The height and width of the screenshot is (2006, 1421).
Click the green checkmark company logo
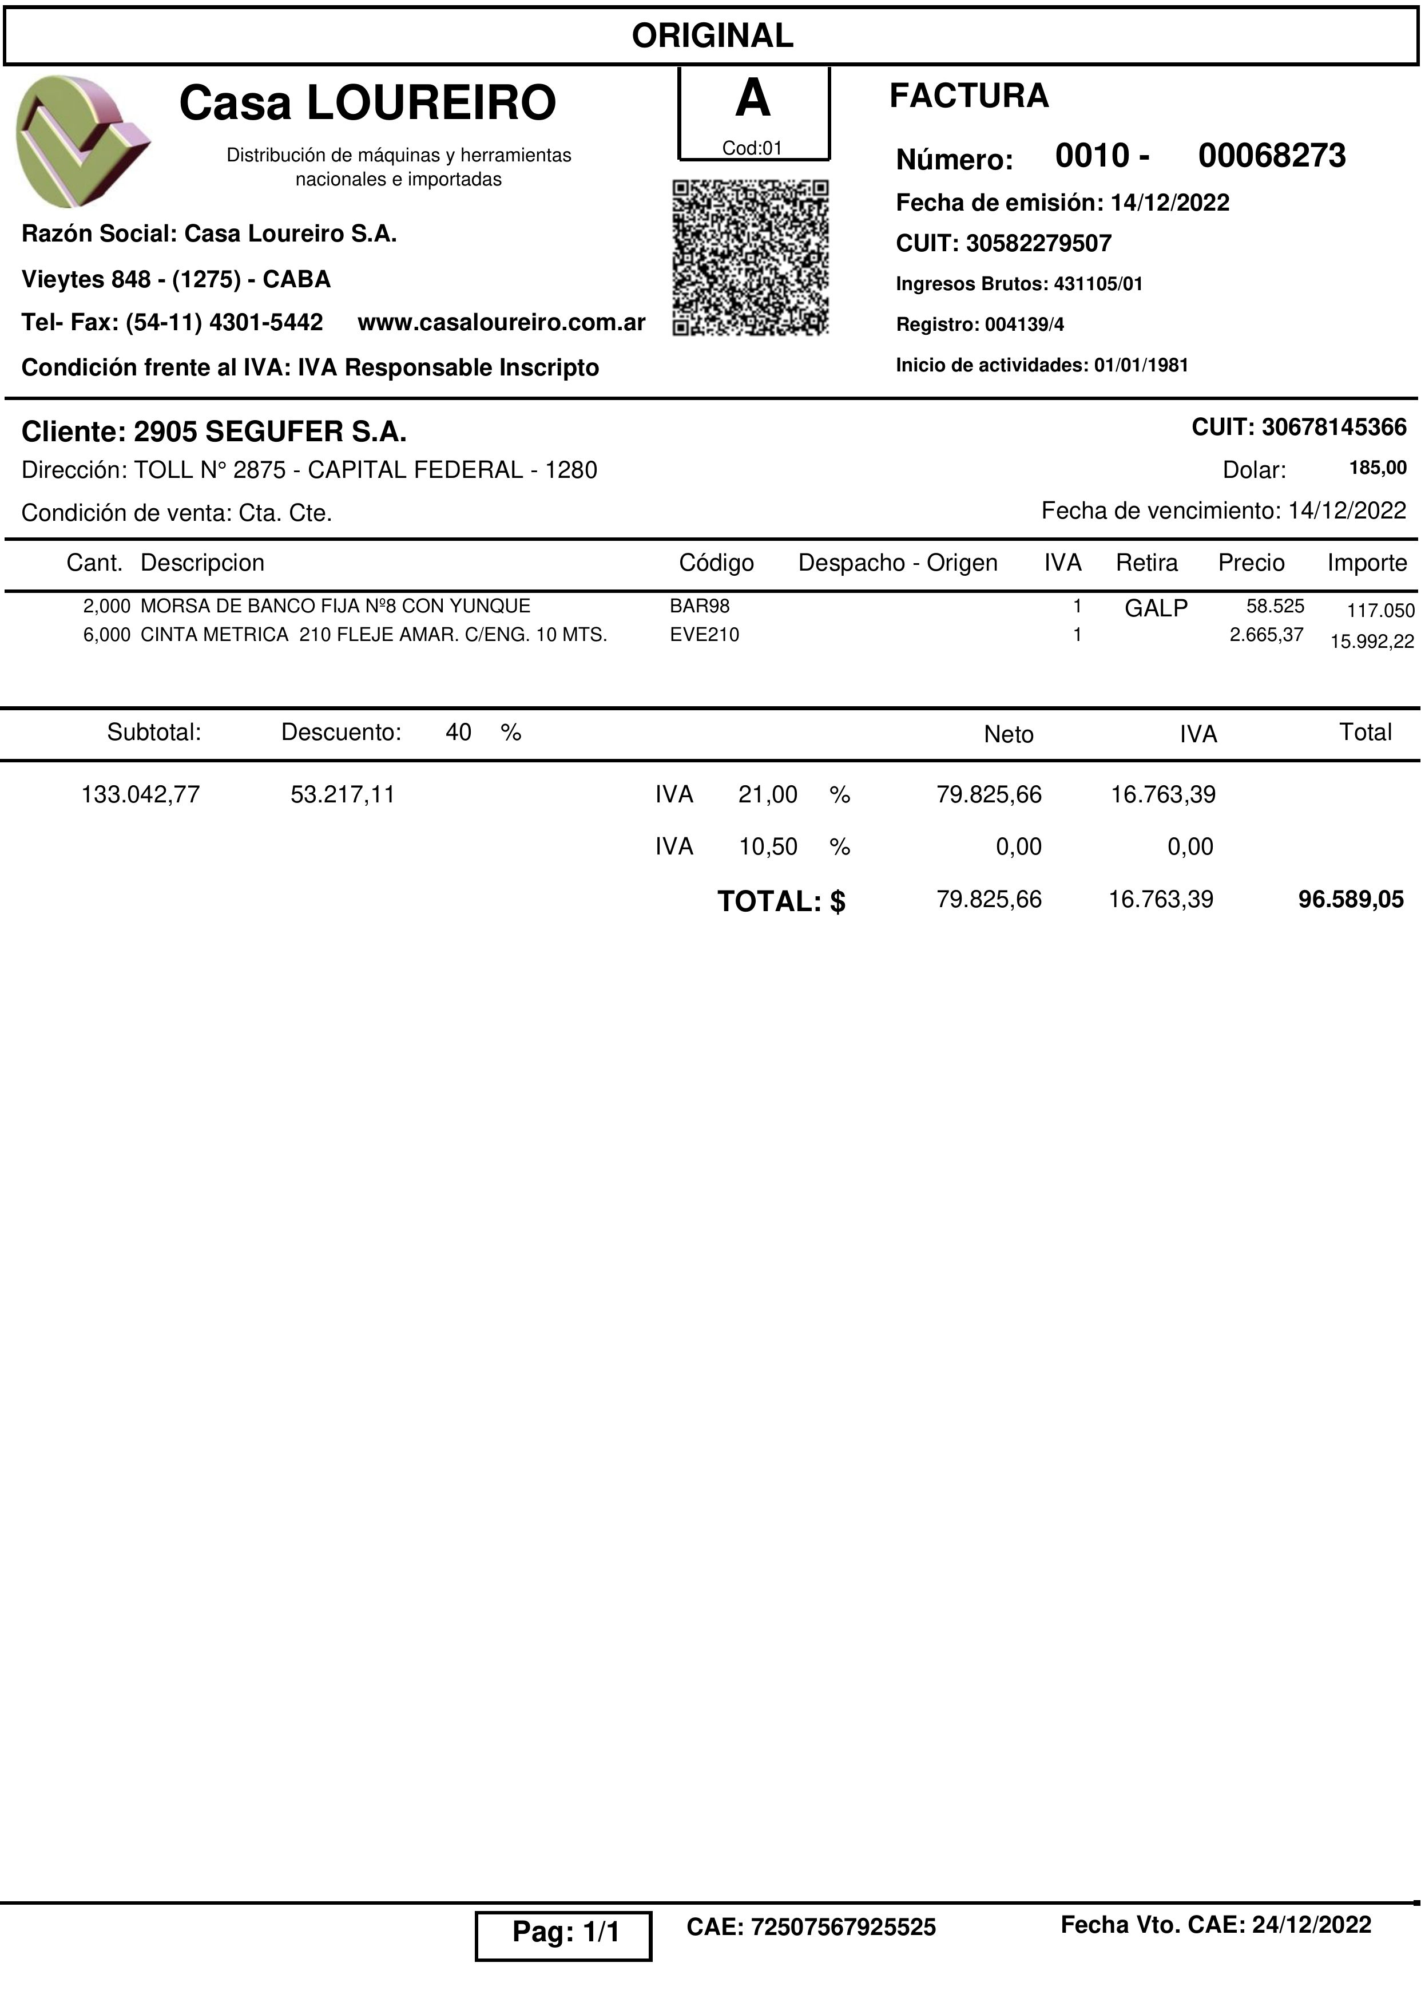82,141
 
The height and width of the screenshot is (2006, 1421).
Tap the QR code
750,258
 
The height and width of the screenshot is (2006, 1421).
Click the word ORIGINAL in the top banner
712,36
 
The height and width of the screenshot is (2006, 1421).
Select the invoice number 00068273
1271,156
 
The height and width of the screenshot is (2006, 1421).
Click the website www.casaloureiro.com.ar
501,322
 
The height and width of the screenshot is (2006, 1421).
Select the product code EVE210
704,635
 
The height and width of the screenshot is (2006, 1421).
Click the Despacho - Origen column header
898,563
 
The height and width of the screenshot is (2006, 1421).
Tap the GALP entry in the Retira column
1156,608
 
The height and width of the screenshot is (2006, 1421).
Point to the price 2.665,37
1266,635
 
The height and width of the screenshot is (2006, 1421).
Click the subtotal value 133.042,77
141,795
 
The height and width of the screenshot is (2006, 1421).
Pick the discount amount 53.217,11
343,795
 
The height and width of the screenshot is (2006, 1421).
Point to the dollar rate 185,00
1378,468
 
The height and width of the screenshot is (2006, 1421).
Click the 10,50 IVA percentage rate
768,846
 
